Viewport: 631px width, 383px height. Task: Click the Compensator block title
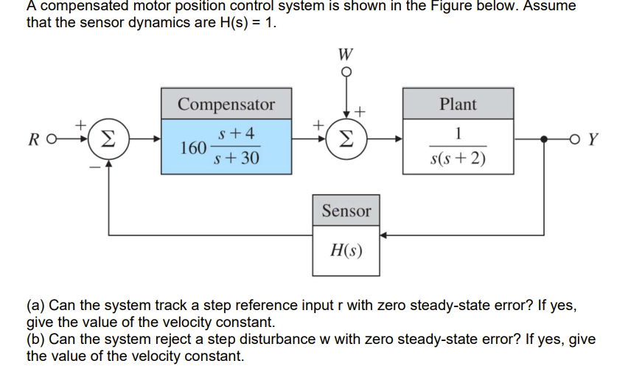(x=226, y=105)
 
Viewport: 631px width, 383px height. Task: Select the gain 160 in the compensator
(x=192, y=147)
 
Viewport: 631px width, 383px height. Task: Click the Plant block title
(x=458, y=104)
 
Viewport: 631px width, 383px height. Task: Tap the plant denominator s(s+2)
(x=458, y=158)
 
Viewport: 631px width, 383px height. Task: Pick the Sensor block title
(x=346, y=211)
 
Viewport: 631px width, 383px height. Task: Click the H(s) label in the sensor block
(x=346, y=250)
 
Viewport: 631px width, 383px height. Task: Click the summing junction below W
(x=346, y=138)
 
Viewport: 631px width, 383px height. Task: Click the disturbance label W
(x=346, y=54)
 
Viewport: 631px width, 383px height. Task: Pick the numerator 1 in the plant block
(x=458, y=133)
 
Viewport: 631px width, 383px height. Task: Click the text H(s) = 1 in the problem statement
(x=247, y=22)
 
